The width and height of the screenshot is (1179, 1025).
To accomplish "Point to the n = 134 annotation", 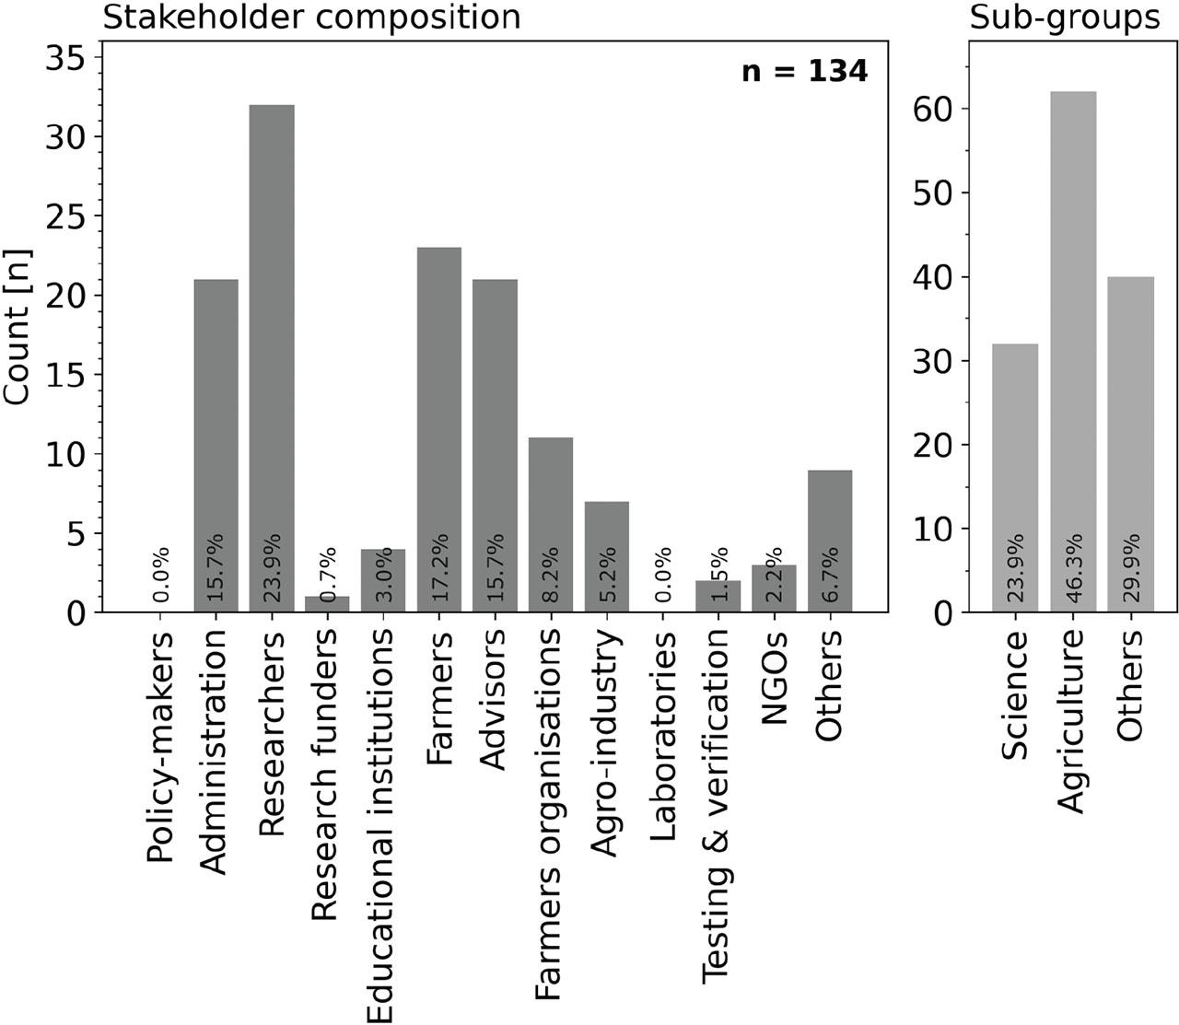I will [x=804, y=72].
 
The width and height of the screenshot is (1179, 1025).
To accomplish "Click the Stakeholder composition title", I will [x=311, y=17].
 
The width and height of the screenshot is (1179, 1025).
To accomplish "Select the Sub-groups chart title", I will [x=1065, y=17].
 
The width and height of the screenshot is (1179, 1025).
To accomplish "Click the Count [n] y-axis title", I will [x=18, y=326].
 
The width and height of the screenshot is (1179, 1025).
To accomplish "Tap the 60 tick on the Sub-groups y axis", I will [x=934, y=109].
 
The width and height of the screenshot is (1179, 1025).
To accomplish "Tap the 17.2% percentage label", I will [x=440, y=566].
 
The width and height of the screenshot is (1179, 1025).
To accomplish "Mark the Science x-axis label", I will [x=1015, y=695].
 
